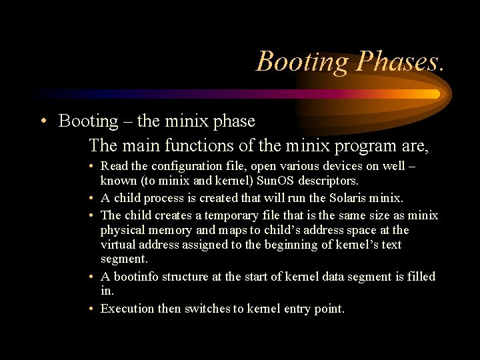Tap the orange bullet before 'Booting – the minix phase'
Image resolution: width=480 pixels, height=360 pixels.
pos(43,121)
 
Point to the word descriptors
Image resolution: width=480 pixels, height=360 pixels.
pos(327,181)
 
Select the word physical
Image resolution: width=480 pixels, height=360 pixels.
pos(123,230)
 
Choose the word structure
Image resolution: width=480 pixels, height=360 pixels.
pos(186,277)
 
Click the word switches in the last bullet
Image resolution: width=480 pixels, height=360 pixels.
pos(205,309)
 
